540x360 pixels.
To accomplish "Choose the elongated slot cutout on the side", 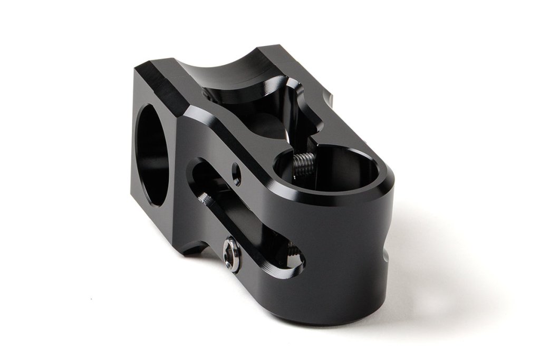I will (x=248, y=221).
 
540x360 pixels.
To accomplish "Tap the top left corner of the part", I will (x=138, y=69).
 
